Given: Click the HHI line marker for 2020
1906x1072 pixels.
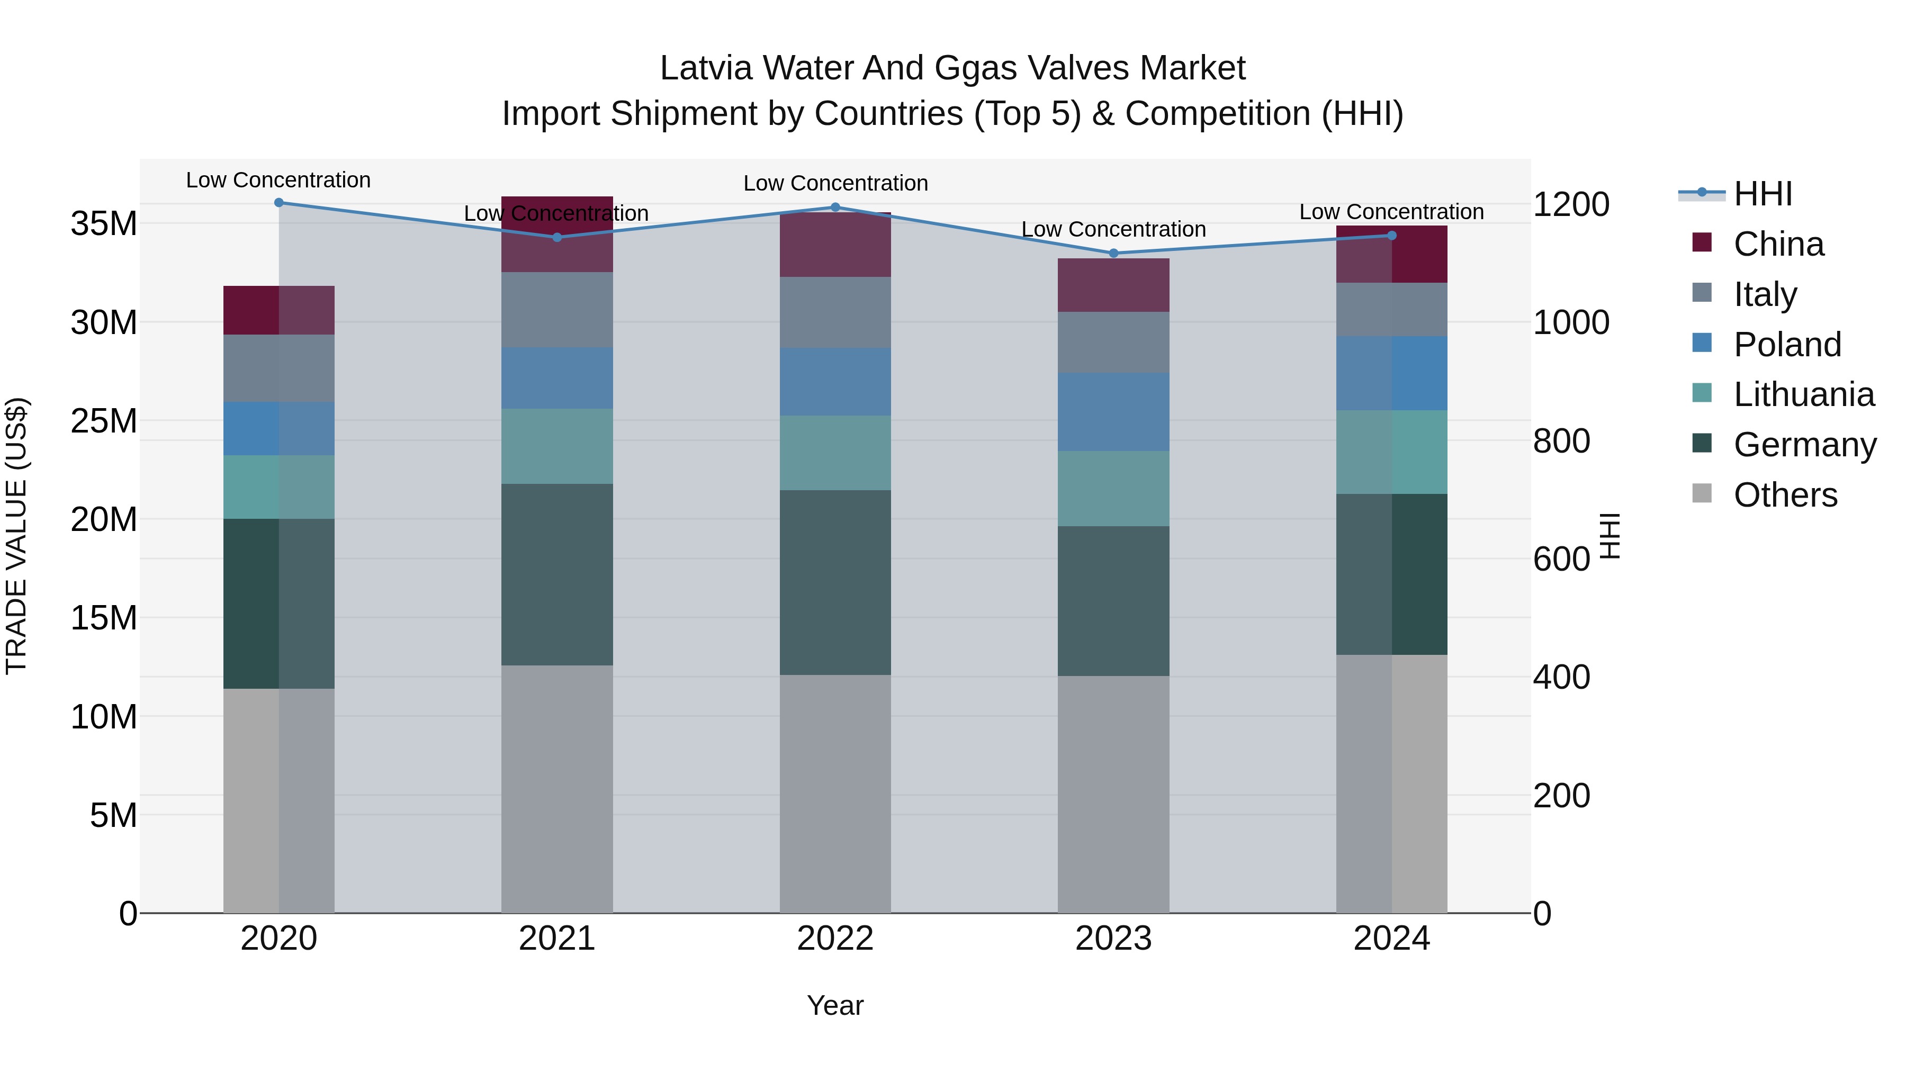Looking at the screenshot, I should point(279,203).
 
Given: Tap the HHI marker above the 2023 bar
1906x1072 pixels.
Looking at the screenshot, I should point(1113,253).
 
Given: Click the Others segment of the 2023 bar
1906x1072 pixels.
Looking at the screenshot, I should point(1113,794).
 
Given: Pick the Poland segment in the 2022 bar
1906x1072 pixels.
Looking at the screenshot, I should point(835,382).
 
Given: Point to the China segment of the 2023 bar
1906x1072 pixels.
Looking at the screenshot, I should point(1113,285).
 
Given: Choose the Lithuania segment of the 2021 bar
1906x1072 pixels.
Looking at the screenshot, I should point(557,446).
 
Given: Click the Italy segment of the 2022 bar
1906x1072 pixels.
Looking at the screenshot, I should point(835,312).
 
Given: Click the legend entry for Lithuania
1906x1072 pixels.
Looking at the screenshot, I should point(1803,394).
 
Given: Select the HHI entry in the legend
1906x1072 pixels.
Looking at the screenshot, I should point(1763,194).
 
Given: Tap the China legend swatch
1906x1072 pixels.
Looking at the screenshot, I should point(1702,242).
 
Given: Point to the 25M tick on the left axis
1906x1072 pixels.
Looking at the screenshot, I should point(104,421).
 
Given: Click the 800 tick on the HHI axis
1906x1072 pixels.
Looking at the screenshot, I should point(1561,441).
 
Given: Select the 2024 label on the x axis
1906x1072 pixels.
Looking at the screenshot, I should point(1391,939).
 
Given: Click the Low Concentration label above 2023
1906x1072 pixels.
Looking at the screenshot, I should point(1113,229).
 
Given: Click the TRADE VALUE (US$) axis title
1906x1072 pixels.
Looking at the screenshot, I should point(16,536).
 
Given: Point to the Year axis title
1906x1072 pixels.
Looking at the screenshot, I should point(835,1005).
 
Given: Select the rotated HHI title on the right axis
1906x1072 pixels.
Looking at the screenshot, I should point(1610,536).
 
